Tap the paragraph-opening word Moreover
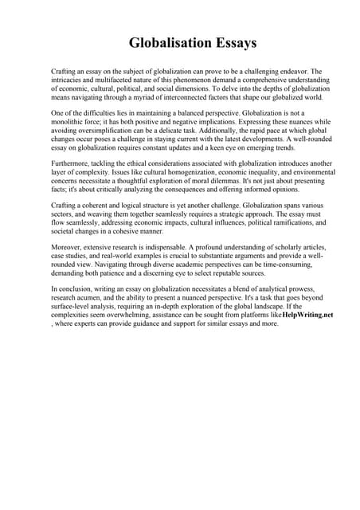click(x=68, y=249)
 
